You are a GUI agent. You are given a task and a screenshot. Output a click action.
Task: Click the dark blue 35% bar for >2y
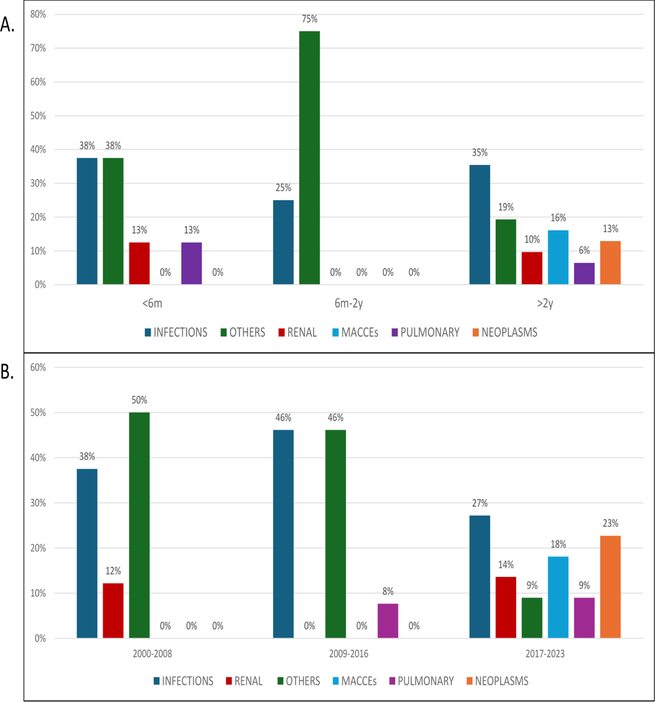(x=479, y=224)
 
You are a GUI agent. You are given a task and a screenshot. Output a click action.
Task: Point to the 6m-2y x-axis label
(x=349, y=303)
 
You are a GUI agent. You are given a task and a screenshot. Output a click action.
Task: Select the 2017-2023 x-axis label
(x=545, y=654)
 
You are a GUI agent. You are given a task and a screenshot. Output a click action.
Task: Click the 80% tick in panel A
(x=38, y=14)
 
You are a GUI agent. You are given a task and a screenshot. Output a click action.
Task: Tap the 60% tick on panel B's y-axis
(x=38, y=367)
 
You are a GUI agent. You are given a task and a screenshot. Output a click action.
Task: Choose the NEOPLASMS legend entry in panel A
(x=505, y=332)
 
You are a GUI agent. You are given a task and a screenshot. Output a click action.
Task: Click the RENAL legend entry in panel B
(x=244, y=681)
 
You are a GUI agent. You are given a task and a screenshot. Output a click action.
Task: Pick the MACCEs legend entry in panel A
(x=356, y=332)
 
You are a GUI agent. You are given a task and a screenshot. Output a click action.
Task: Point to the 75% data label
(x=310, y=19)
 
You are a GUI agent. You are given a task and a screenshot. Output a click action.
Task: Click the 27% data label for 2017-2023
(x=479, y=503)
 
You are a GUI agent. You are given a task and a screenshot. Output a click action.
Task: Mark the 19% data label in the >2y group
(x=506, y=207)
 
